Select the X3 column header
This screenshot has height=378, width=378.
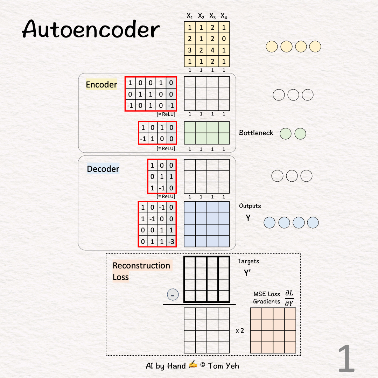pos(212,16)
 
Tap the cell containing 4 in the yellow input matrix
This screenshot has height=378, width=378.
pos(212,50)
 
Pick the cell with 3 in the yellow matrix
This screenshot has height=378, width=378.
pos(190,50)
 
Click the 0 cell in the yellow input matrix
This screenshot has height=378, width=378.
pos(224,38)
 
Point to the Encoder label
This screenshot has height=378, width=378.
pos(101,85)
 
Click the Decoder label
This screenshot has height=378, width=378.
pos(103,169)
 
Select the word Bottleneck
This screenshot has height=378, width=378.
pos(256,133)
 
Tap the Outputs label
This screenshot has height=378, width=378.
pos(250,206)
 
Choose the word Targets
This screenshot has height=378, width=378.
pos(248,261)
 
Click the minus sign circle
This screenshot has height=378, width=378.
pos(173,295)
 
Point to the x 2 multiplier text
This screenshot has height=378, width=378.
pos(240,330)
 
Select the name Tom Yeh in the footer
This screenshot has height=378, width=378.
pos(224,366)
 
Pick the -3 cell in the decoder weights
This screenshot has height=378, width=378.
pos(171,241)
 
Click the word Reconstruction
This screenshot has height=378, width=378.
pos(141,266)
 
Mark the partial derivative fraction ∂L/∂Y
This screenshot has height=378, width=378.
pos(289,298)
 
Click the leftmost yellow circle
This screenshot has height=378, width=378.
pos(272,47)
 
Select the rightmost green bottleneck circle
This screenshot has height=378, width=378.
pos(300,134)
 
